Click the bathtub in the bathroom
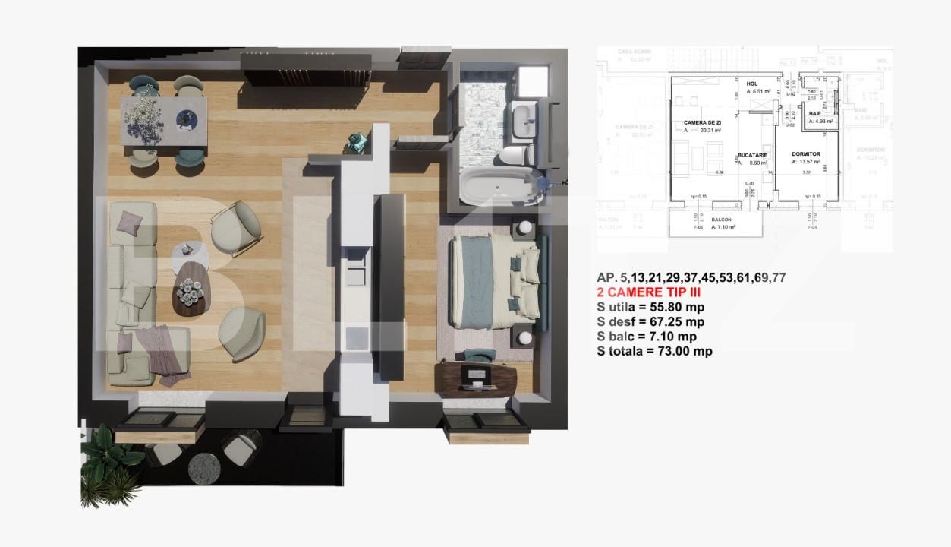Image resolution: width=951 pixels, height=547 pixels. point(497,186)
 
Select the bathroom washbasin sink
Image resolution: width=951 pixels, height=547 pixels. point(524,121)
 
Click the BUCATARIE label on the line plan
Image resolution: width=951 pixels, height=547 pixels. point(752,155)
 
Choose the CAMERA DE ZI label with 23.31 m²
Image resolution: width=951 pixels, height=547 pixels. point(701,122)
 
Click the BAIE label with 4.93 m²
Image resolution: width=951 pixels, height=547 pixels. point(814,112)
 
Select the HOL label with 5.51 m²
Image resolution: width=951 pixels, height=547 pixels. point(751,84)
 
